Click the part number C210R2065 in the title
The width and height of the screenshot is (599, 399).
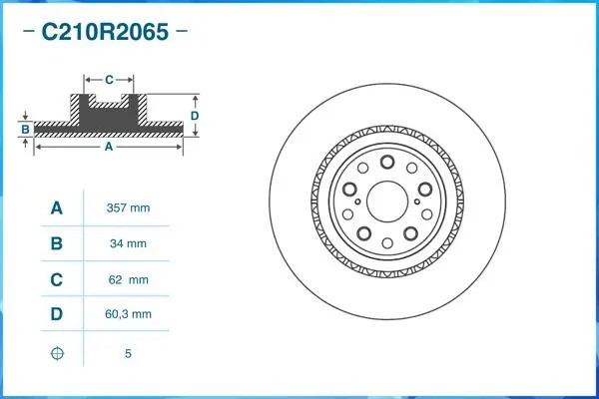tap(104, 31)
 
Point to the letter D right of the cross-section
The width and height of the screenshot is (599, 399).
tap(196, 116)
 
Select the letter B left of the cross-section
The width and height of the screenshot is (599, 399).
tap(25, 130)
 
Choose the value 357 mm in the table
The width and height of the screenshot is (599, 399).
tap(128, 207)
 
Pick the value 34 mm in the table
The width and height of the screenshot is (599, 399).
tap(128, 243)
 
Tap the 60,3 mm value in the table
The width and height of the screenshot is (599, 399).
tap(128, 315)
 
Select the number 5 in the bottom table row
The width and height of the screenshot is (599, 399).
tap(128, 353)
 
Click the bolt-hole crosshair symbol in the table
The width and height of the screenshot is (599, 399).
tap(57, 353)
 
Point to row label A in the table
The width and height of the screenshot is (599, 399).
tap(57, 207)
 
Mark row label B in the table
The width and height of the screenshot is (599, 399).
tap(57, 243)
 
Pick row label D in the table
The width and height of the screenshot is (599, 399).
tap(57, 315)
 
